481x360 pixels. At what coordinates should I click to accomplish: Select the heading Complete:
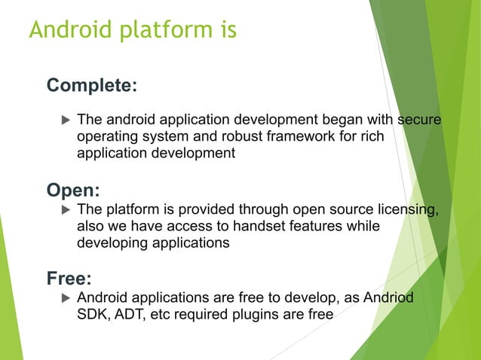(92, 86)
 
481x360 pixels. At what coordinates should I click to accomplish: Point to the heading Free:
(69, 279)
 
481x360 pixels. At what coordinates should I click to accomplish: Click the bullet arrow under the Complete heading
(64, 120)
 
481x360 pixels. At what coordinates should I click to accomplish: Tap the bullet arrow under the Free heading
(64, 298)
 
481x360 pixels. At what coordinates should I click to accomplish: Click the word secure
(419, 120)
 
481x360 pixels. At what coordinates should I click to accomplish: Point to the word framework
(309, 136)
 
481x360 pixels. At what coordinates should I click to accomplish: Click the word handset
(284, 226)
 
